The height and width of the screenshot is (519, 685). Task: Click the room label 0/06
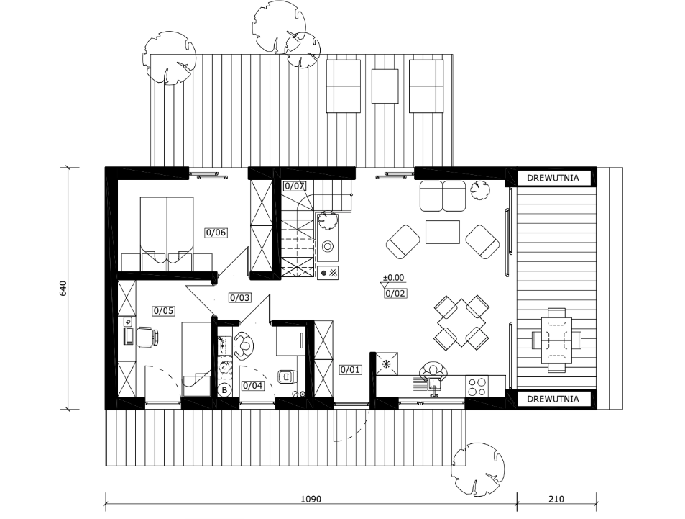(x=216, y=233)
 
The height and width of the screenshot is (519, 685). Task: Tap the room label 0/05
(x=163, y=311)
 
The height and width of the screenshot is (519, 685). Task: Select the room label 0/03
(x=240, y=298)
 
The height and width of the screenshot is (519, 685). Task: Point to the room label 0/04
(x=253, y=386)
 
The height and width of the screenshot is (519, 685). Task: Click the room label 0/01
(x=350, y=370)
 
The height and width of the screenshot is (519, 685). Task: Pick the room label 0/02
(x=395, y=293)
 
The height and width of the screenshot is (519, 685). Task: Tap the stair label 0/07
(x=295, y=186)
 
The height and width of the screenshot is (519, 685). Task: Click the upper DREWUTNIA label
(x=553, y=178)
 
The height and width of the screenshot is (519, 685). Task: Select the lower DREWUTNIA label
(x=553, y=399)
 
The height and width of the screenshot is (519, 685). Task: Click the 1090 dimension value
(x=311, y=499)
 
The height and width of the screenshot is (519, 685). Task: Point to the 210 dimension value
(x=556, y=499)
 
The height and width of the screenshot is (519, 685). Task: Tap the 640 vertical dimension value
(x=63, y=288)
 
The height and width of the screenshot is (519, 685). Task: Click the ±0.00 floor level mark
(x=394, y=277)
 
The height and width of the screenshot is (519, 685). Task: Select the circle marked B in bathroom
(x=224, y=390)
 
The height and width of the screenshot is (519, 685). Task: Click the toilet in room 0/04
(x=287, y=376)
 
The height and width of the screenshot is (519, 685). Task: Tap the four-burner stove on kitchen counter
(x=477, y=386)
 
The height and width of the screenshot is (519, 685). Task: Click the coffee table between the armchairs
(x=443, y=232)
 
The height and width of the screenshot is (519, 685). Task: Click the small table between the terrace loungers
(x=385, y=86)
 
